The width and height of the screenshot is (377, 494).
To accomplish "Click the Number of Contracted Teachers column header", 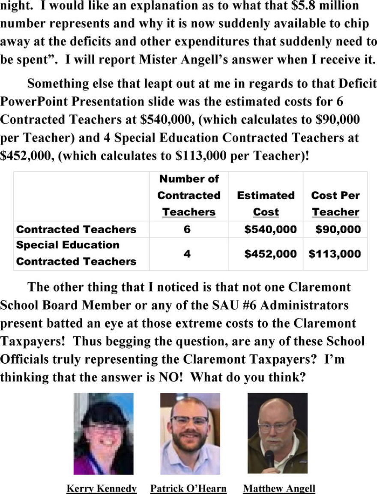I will [x=189, y=195].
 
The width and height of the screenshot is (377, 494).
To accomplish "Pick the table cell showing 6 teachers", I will [x=187, y=229].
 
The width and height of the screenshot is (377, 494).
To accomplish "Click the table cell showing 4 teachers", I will [x=187, y=254].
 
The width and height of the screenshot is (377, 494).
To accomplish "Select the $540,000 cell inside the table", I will [x=270, y=229].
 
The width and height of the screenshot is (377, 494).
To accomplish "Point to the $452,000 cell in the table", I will [x=270, y=254].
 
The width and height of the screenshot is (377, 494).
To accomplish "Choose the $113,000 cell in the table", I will [x=335, y=254].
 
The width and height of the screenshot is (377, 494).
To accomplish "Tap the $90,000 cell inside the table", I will [x=338, y=229].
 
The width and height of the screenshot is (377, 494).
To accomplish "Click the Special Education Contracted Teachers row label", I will [x=76, y=253].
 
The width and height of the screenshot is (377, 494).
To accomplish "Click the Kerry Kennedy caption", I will [x=102, y=488].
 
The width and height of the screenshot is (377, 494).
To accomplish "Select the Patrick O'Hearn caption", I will [x=188, y=488].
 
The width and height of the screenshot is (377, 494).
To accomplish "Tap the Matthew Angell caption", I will [x=279, y=488].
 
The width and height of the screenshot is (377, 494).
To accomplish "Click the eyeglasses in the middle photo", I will [x=189, y=420].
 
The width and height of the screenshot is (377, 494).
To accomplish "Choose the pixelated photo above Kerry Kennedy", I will [x=103, y=433].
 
